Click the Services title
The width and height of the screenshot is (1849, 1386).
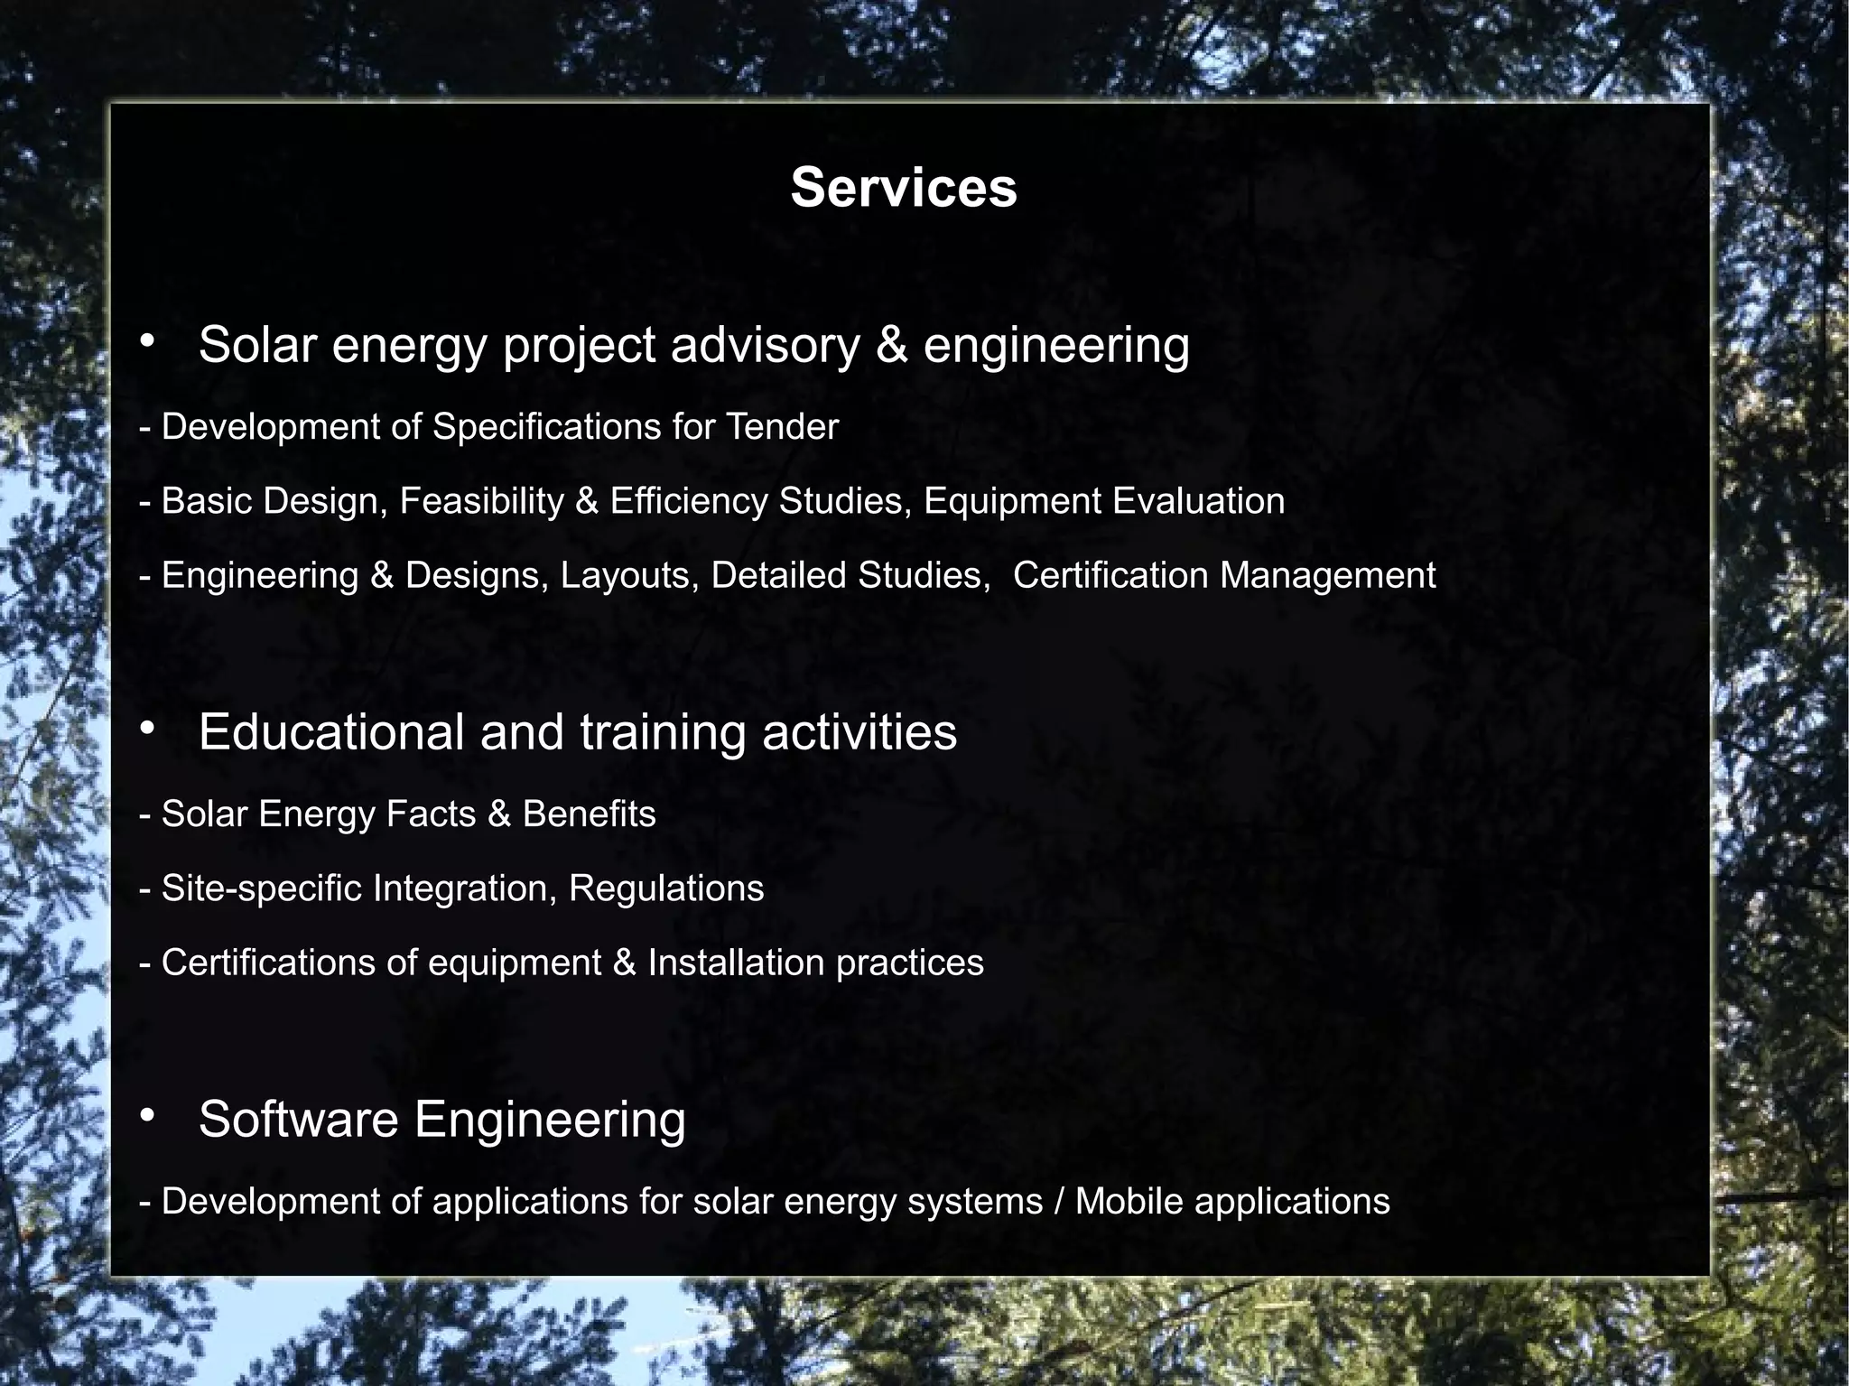(904, 188)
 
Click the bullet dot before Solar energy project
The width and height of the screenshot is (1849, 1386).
(148, 342)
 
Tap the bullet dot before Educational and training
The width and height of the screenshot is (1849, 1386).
(148, 729)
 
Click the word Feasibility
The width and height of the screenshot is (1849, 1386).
(481, 501)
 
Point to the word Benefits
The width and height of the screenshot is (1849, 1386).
(589, 814)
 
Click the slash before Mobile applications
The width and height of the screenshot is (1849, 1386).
(1059, 1202)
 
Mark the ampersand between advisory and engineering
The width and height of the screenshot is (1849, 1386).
(892, 346)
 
